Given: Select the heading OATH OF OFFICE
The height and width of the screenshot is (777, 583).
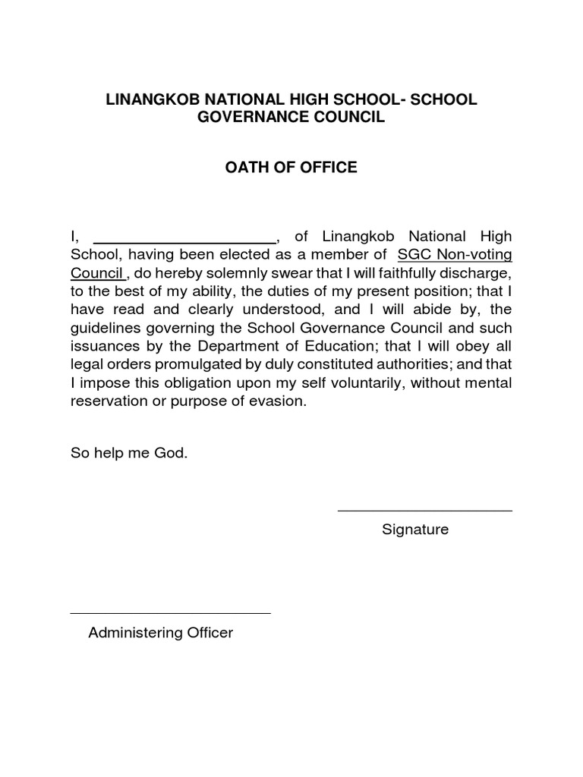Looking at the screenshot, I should (291, 167).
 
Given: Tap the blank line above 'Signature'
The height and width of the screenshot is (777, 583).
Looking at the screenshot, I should (424, 511).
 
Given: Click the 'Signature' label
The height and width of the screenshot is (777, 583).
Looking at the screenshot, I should (415, 530).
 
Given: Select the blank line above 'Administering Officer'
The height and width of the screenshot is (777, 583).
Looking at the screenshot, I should (170, 612).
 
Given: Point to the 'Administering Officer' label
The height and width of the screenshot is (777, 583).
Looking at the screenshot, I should (160, 632).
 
